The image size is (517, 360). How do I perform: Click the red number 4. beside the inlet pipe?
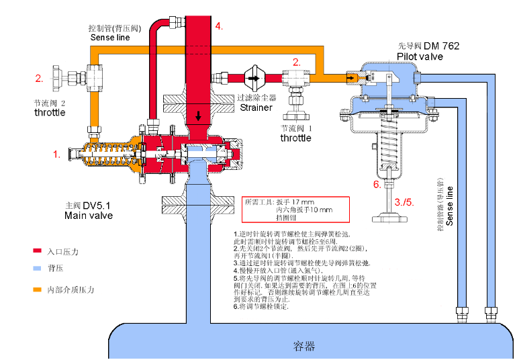219,26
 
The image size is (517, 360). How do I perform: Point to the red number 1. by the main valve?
57,154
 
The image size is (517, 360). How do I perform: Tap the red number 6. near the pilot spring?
377,185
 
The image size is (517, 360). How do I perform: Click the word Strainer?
256,107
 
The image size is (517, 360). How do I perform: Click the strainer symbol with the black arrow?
254,78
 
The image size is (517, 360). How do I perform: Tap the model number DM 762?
441,46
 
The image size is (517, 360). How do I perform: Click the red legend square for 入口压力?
38,251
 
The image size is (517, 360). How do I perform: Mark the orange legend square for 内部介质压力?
38,290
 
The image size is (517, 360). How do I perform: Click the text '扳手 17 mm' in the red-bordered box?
299,202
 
